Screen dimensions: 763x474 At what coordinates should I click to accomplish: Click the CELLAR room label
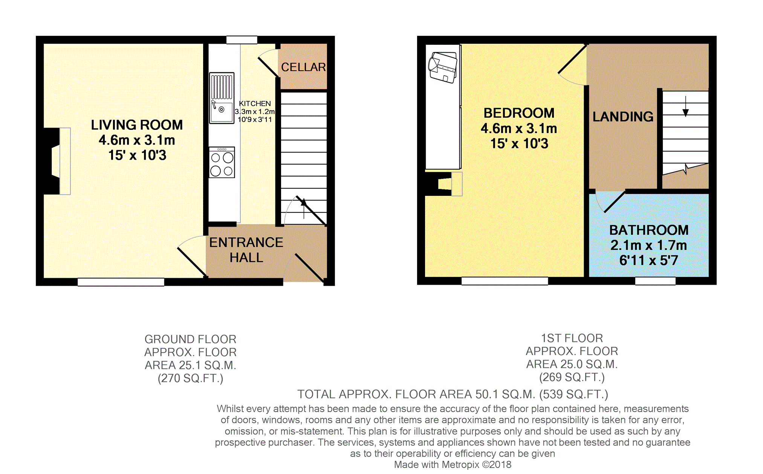coord(303,67)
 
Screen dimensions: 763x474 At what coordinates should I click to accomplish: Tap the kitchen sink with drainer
coord(222,98)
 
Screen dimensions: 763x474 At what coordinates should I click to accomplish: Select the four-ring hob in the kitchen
coord(222,162)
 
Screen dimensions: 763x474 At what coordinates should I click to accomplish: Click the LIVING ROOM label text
coord(137,125)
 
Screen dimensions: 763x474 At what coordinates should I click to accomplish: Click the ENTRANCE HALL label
coord(246,250)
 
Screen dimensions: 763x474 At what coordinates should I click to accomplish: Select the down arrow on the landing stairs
coord(686,106)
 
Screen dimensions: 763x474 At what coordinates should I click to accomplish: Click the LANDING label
coord(623,117)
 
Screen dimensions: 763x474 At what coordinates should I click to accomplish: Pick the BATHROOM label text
coord(649,230)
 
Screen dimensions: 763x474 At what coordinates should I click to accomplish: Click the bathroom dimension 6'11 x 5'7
coord(649,260)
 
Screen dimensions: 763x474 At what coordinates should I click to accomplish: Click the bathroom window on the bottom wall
coord(655,281)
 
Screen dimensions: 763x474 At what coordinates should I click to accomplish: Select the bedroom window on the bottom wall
coord(505,281)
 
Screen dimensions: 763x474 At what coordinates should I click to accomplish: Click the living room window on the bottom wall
coord(121,282)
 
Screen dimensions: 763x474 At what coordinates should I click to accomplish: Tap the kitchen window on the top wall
coord(242,40)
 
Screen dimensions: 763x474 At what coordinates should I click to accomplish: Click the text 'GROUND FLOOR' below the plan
coord(190,339)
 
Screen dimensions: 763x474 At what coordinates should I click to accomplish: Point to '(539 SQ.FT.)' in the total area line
coord(574,394)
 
